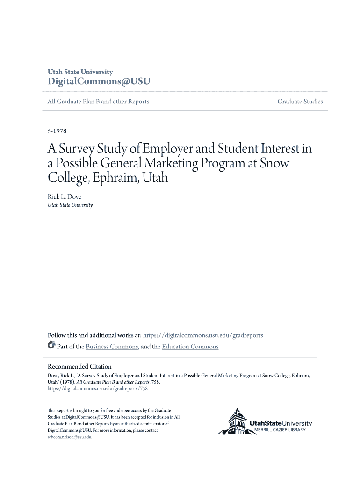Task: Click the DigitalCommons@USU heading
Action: click(99, 81)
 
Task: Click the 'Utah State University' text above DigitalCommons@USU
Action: click(80, 72)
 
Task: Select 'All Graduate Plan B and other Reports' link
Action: click(98, 102)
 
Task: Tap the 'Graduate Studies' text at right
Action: click(300, 102)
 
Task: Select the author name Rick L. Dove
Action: click(65, 197)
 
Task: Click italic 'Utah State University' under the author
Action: click(70, 205)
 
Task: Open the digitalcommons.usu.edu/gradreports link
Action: click(203, 335)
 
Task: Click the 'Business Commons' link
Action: click(112, 347)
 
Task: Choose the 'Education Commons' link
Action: click(190, 347)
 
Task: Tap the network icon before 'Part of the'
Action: click(51, 346)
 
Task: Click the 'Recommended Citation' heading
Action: click(79, 366)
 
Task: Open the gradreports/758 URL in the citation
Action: click(98, 388)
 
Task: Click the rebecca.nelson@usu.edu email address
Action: click(70, 437)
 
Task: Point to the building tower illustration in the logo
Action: click(236, 421)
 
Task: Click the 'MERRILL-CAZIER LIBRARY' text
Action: click(280, 430)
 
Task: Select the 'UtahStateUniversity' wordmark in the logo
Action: click(281, 424)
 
